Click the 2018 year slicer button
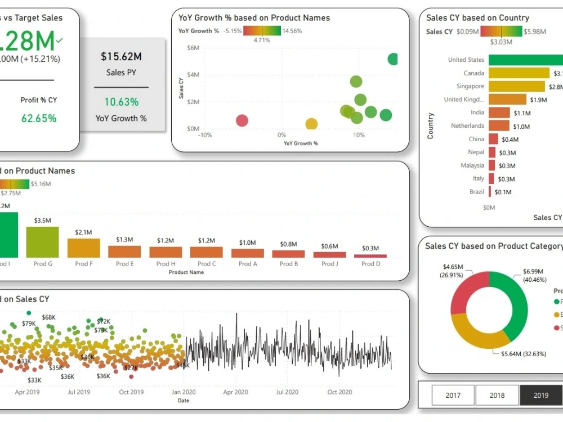click(x=497, y=395)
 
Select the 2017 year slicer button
click(x=453, y=395)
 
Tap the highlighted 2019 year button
click(x=540, y=395)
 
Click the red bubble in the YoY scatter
click(x=242, y=120)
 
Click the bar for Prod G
click(x=43, y=242)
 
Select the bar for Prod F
click(x=83, y=248)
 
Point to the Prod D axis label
click(x=370, y=264)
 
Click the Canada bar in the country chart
click(x=519, y=73)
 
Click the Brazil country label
click(x=476, y=192)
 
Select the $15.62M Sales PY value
click(x=121, y=56)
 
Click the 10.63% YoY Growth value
click(x=121, y=102)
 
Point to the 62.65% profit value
click(x=39, y=118)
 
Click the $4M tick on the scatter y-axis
click(x=193, y=75)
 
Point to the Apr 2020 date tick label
click(x=236, y=392)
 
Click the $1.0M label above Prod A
click(x=247, y=243)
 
